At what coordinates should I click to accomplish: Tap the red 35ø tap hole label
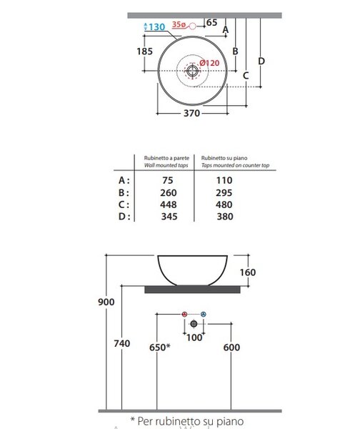point(179,24)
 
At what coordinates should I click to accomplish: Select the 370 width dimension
point(191,113)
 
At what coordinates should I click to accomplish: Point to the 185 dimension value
point(144,51)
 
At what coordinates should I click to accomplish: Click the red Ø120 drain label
point(209,63)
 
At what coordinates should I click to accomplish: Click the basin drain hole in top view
point(192,71)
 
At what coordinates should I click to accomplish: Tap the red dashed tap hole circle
point(192,26)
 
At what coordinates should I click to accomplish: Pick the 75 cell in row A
point(168,180)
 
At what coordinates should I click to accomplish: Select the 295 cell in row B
point(224,193)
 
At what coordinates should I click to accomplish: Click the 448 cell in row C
point(169,204)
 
